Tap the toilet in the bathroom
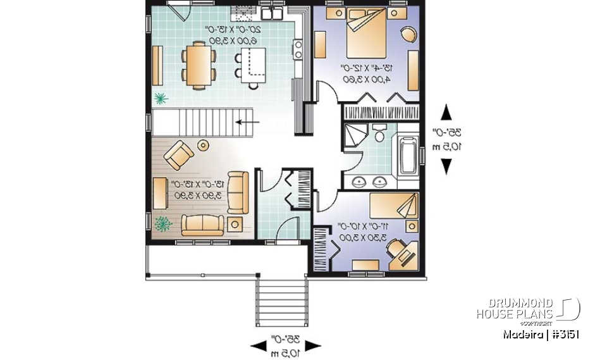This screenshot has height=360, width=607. tap(380, 135)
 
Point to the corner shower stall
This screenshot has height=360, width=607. tap(355, 136)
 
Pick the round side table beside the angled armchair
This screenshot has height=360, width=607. tap(203, 145)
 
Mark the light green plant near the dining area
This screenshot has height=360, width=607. tap(161, 98)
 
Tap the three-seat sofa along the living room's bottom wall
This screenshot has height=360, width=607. tap(202, 225)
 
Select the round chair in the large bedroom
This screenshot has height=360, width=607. tap(408, 34)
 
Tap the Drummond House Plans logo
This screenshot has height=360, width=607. tap(527, 309)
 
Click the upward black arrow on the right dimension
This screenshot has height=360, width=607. tap(446, 113)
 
